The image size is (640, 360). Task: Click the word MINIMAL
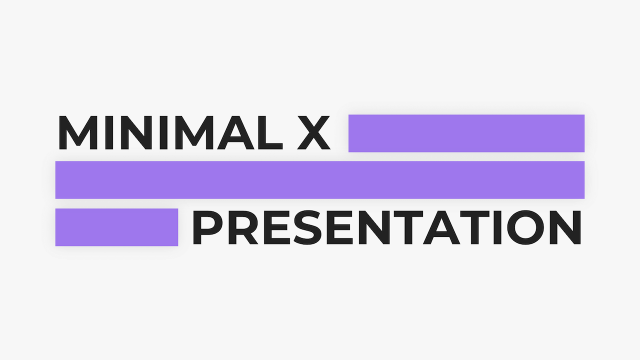coord(171,133)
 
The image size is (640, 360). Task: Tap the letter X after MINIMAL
coord(313,133)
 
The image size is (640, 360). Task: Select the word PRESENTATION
coord(387,227)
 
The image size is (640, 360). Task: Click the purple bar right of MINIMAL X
coord(466,133)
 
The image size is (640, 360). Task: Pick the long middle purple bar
coord(320,180)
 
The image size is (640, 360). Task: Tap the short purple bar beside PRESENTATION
coord(116,227)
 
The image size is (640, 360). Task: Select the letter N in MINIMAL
coord(136,133)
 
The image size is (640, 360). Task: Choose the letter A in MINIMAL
coord(235,133)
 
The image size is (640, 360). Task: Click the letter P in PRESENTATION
coord(207,227)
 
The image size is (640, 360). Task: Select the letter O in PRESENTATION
coord(525,227)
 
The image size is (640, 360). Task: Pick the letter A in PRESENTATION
coord(441,227)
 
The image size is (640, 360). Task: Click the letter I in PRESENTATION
coord(497,227)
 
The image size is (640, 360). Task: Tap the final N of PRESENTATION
coord(565,227)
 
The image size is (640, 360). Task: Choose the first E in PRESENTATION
coord(275,227)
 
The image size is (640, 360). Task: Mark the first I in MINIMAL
coord(109,133)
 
